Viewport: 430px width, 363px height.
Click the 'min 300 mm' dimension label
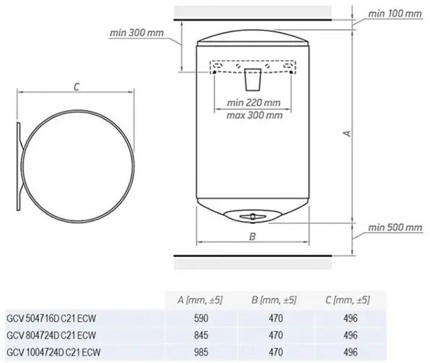[136, 33]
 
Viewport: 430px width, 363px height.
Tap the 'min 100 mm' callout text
[395, 14]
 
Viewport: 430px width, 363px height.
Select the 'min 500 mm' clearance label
[395, 227]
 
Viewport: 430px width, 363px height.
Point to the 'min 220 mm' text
[254, 103]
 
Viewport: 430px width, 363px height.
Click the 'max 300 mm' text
[254, 116]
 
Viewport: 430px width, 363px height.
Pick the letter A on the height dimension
[348, 134]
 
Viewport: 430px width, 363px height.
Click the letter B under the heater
[253, 236]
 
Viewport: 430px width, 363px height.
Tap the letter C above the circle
[76, 87]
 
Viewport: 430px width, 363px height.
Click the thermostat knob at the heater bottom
[253, 217]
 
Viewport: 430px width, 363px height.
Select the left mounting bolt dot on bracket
[214, 72]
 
